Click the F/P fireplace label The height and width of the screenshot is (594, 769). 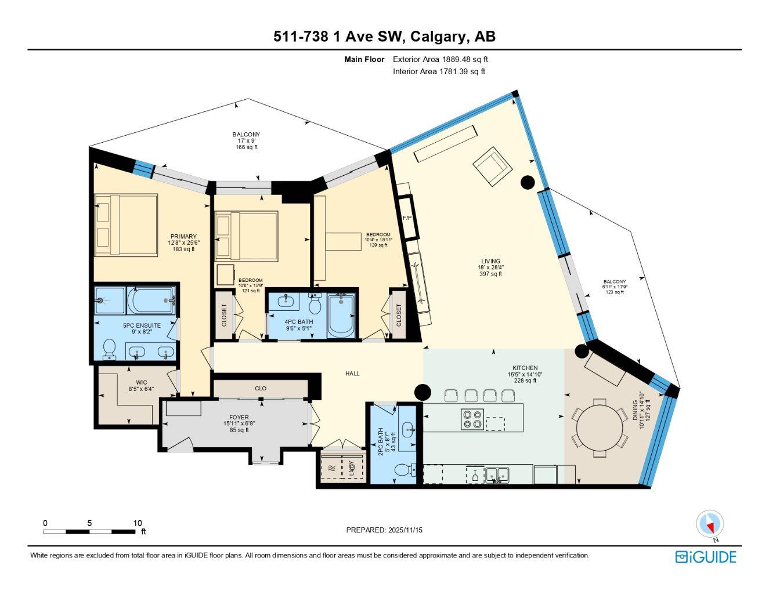[407, 218]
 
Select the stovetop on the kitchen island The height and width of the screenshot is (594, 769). [472, 419]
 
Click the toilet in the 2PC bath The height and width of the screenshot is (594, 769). [403, 470]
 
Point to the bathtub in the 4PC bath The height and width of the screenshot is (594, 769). [341, 316]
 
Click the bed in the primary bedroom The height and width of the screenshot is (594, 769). [127, 224]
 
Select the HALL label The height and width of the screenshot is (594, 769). [352, 374]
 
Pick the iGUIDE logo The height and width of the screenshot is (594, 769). [705, 557]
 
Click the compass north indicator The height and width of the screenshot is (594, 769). [710, 524]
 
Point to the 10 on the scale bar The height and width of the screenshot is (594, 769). [137, 523]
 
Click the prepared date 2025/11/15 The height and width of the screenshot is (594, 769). [384, 530]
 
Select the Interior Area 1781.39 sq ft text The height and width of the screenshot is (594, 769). [439, 72]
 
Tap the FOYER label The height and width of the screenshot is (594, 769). [239, 418]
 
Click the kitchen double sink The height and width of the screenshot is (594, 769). [497, 475]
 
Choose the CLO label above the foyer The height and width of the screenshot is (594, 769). [261, 389]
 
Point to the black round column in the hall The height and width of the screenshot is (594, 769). [423, 392]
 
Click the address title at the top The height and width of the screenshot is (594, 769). [384, 37]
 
